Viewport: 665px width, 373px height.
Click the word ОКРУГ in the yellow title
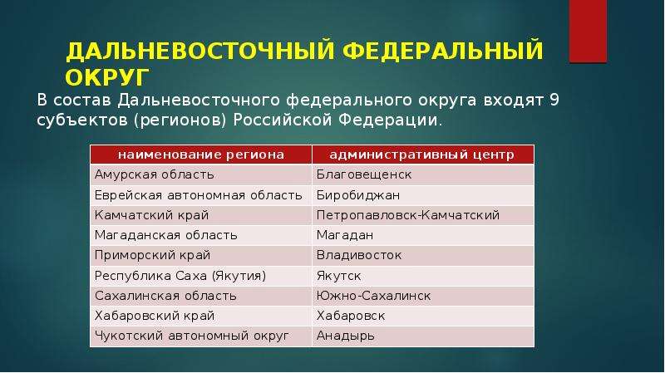pos(107,77)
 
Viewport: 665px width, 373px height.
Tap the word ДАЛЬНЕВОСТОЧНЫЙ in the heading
pos(200,51)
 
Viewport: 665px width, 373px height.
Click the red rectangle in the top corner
pos(588,32)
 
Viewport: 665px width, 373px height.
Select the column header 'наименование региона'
pos(201,155)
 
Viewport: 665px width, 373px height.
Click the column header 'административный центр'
pos(423,155)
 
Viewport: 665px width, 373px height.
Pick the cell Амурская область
pos(201,174)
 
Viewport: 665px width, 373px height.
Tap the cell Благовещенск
pos(423,174)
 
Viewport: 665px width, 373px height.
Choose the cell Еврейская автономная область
pos(201,195)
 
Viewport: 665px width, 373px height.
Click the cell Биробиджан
pos(423,195)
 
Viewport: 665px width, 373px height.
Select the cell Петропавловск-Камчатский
pos(423,215)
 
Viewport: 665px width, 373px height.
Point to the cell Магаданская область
pos(201,235)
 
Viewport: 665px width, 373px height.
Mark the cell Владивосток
pos(423,256)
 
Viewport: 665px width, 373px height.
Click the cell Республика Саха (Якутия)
pos(201,276)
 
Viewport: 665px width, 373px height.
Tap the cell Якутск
pos(423,276)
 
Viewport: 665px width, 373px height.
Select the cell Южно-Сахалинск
pos(423,296)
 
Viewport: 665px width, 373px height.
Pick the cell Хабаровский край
pos(201,317)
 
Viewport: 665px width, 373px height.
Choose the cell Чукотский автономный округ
pos(201,336)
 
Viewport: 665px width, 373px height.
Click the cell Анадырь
pos(423,336)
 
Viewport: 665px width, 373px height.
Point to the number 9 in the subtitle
pos(554,100)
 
